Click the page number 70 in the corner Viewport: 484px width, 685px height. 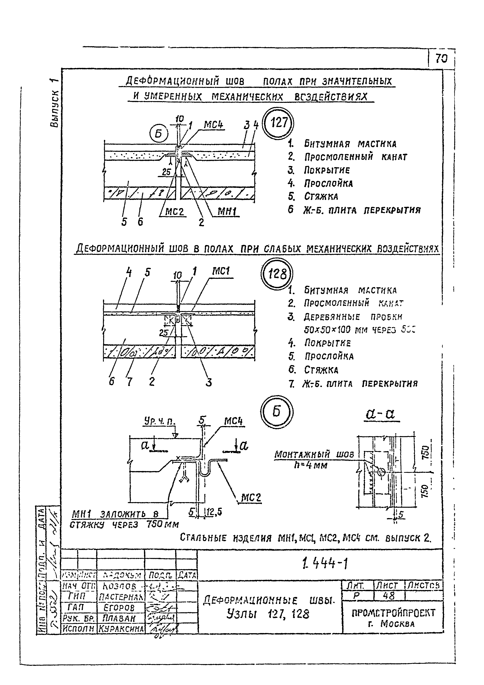pyautogui.click(x=442, y=59)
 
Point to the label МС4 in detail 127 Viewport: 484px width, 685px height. pyautogui.click(x=213, y=125)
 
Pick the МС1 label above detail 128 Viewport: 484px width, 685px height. pyautogui.click(x=221, y=271)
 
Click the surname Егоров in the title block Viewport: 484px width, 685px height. pyautogui.click(x=119, y=608)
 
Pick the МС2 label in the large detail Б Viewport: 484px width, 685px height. pyautogui.click(x=251, y=497)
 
